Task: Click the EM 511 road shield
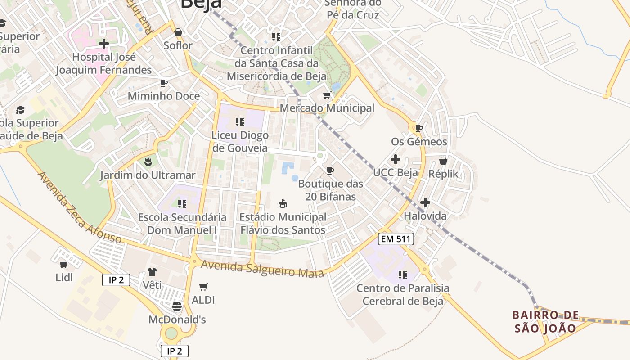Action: (396, 239)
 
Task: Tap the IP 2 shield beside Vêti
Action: (116, 280)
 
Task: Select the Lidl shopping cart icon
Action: (63, 264)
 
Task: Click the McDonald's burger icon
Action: (177, 306)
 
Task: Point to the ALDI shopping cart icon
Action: (203, 287)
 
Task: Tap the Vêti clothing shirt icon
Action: (152, 272)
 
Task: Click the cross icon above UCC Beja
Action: (396, 159)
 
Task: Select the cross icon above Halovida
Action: (425, 202)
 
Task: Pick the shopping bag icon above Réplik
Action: (443, 161)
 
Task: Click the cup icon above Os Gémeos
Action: (419, 128)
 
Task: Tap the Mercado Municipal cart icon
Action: (327, 95)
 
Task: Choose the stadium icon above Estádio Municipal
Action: (283, 204)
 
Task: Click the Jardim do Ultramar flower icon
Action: (148, 162)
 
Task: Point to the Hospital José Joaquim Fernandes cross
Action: (104, 44)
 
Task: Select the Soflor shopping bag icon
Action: (178, 32)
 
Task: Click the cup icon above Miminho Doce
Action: (164, 83)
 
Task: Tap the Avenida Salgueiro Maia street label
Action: (262, 269)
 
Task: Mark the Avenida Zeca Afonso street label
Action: (79, 207)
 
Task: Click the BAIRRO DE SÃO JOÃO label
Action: (545, 321)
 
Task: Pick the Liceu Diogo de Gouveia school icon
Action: (240, 121)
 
